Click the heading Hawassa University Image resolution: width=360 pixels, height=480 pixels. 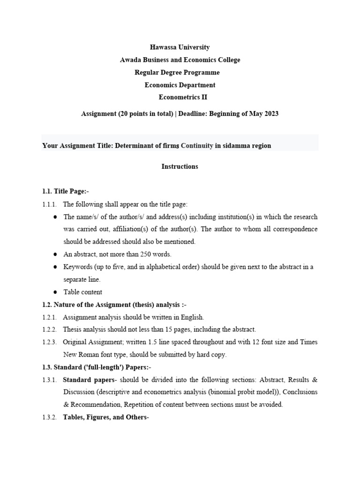pos(180,47)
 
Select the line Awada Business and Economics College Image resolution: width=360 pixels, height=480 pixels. pos(180,60)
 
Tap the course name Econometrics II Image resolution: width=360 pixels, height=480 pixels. pos(182,97)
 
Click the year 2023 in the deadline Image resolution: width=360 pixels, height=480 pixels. pos(270,114)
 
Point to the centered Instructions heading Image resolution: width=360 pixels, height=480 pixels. pos(180,166)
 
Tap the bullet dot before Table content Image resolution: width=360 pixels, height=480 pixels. pos(55,292)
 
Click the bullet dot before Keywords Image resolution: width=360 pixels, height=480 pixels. pos(55,267)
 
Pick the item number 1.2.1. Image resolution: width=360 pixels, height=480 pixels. pos(49,317)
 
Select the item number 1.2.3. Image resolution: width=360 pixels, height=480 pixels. pos(49,342)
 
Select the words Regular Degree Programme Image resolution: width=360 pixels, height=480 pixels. pos(177,73)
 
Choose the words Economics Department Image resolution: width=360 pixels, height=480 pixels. pos(180,85)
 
